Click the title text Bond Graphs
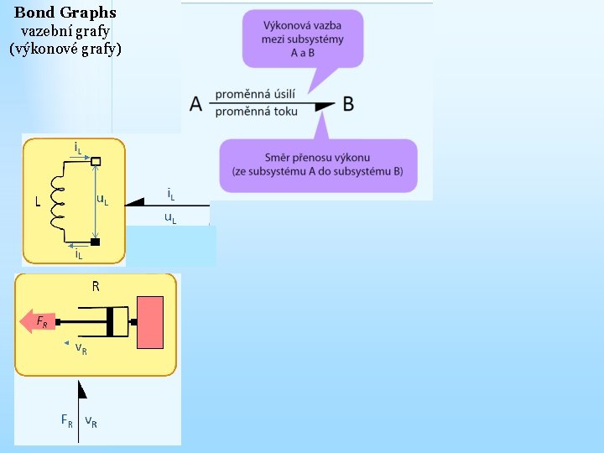65,13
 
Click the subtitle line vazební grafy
65,31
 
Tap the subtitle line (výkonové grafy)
65,49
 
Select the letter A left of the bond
196,105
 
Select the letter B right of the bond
348,105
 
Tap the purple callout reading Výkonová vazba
303,39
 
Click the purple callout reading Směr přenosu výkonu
317,164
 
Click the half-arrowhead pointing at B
323,104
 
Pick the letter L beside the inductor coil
37,201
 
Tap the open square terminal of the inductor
96,161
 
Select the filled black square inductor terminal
96,242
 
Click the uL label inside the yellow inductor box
102,200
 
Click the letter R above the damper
96,287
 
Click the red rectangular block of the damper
152,322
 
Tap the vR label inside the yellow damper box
81,347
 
